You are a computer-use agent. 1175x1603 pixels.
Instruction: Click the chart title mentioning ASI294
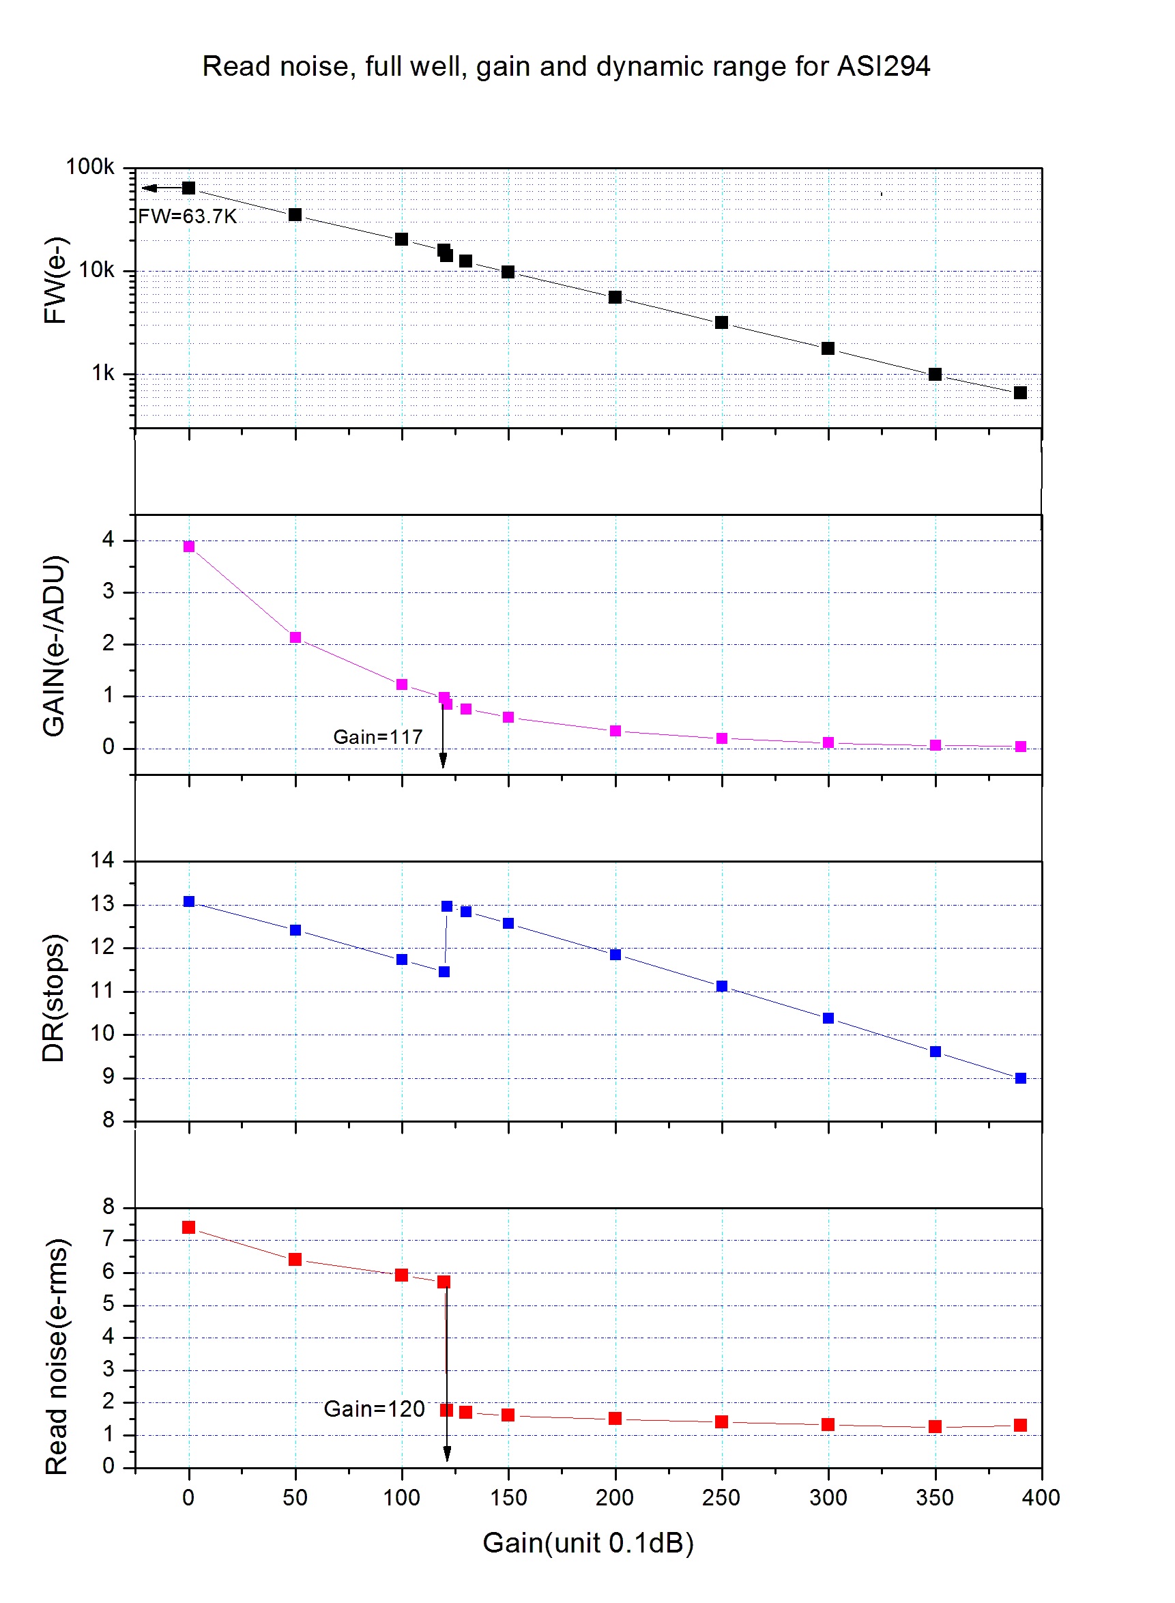tap(566, 66)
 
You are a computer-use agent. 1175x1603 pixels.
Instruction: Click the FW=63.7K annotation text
tap(187, 216)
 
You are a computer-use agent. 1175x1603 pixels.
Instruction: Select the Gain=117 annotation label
tap(378, 737)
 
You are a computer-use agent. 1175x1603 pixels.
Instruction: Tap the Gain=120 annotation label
tap(374, 1409)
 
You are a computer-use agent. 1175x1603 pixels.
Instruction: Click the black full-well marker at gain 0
tap(188, 188)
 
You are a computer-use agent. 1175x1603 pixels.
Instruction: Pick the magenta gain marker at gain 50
tap(295, 637)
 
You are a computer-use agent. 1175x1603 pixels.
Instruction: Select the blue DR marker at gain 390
tap(1020, 1078)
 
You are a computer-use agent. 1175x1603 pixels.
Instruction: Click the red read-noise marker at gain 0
tap(188, 1228)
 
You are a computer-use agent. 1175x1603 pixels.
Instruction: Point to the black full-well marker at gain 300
tap(828, 349)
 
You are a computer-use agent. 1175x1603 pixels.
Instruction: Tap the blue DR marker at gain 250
tap(721, 985)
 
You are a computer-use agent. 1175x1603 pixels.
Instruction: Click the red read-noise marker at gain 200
tap(615, 1418)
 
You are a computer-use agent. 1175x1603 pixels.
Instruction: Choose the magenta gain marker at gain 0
tap(188, 546)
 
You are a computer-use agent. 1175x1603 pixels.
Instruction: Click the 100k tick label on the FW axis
tap(89, 167)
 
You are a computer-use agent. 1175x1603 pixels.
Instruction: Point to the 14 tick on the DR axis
tap(102, 860)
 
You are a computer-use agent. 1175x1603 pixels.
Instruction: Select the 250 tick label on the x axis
tap(721, 1498)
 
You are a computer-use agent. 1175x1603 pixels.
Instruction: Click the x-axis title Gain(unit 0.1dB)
tap(587, 1542)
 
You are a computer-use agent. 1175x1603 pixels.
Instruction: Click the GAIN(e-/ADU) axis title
tap(54, 646)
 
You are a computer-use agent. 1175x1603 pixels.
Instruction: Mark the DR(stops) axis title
tap(54, 998)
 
